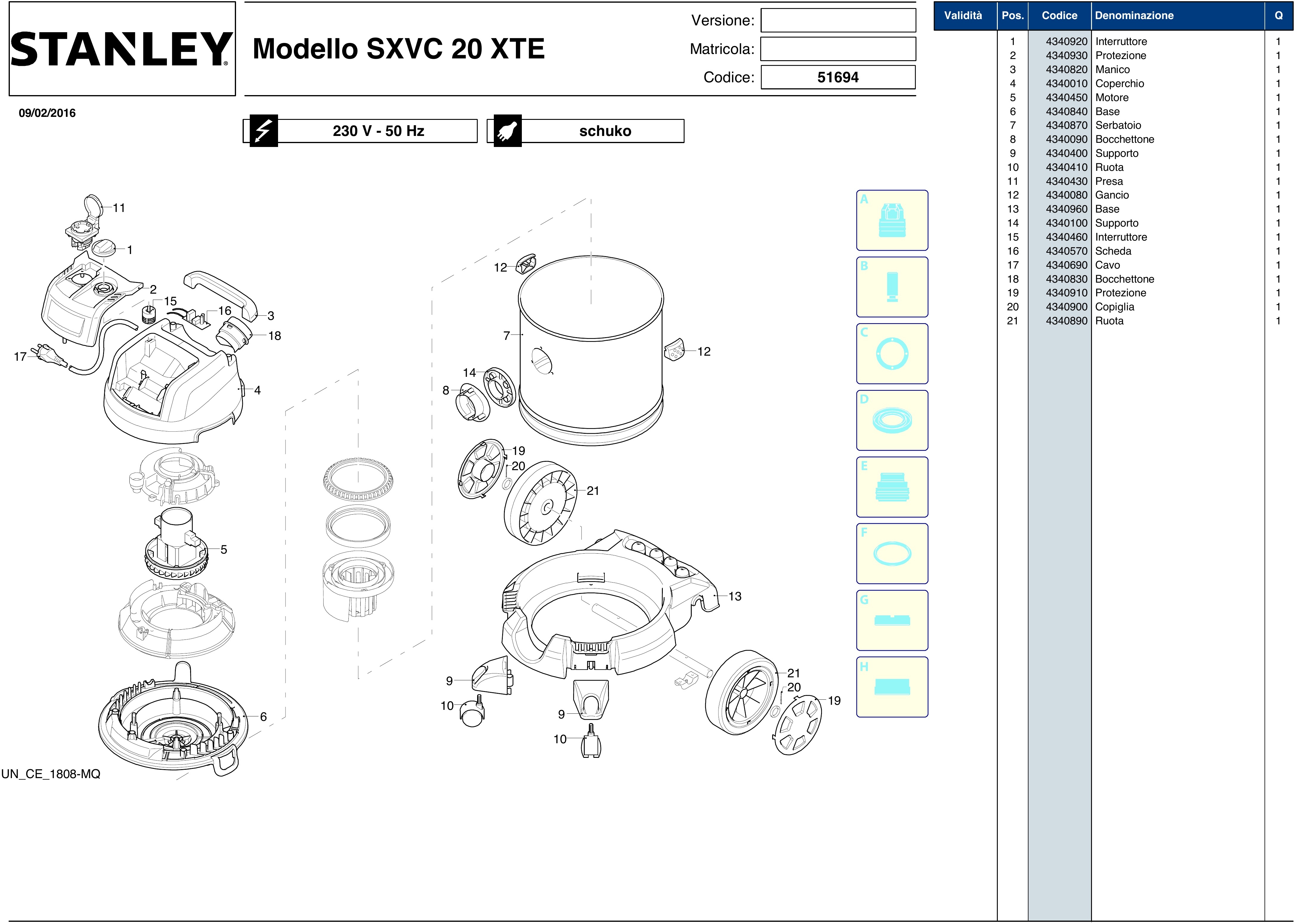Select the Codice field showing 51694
coord(838,77)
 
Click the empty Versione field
coord(838,21)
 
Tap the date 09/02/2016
coord(47,112)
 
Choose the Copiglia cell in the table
coord(1115,307)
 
